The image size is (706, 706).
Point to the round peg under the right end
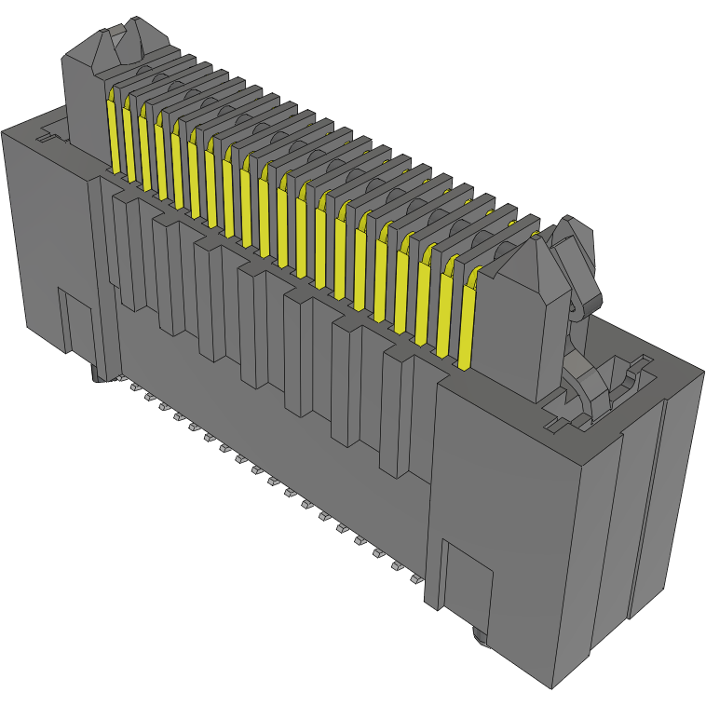[480, 638]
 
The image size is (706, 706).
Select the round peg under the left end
[97, 375]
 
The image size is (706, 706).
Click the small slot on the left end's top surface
[42, 139]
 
